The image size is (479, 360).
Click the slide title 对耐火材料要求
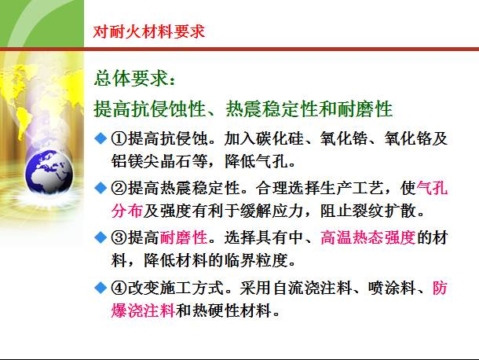click(x=148, y=31)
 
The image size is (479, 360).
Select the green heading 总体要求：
click(x=136, y=79)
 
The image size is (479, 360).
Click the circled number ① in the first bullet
click(x=119, y=140)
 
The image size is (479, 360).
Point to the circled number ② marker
click(x=119, y=189)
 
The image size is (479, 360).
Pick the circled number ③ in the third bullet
click(x=119, y=237)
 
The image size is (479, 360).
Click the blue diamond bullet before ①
click(x=101, y=139)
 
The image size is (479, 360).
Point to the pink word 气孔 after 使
click(x=432, y=189)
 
